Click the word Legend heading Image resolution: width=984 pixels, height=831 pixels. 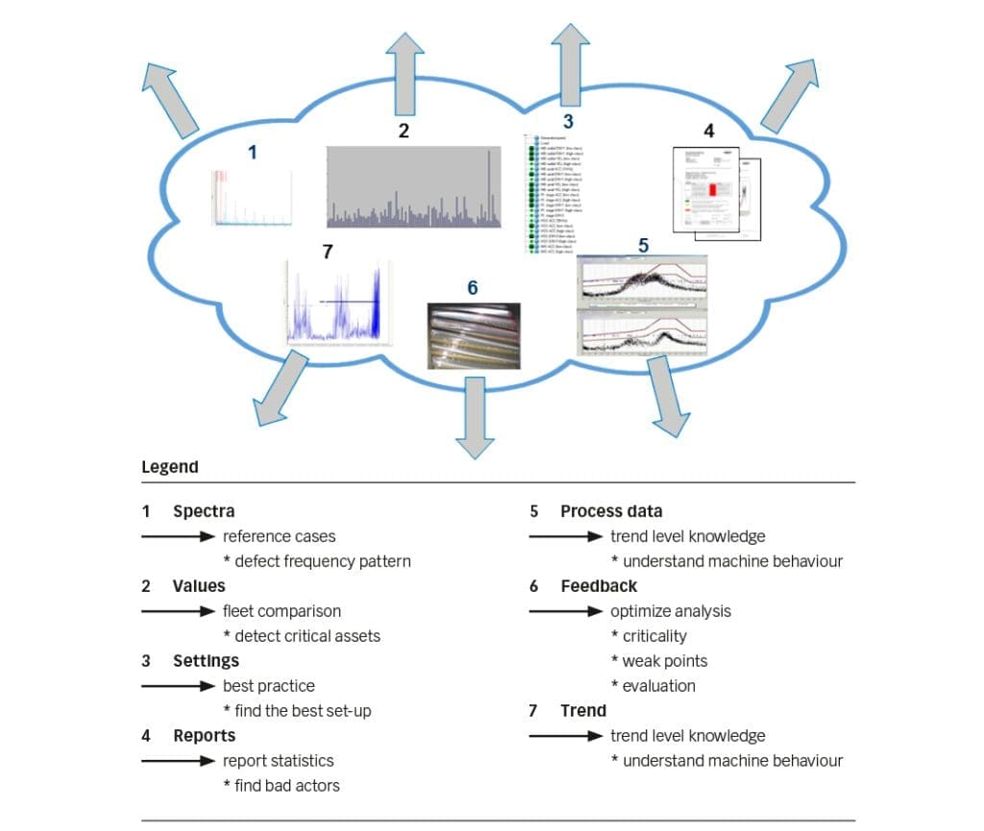click(x=170, y=467)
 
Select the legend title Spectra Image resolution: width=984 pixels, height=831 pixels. click(x=203, y=511)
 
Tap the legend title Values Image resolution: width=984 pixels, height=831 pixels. click(x=199, y=585)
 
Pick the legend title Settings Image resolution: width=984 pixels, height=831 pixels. click(x=206, y=661)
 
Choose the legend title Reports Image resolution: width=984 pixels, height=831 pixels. click(x=204, y=736)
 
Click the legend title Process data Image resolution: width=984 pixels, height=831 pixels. click(x=611, y=511)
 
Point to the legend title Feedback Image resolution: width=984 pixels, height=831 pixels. click(x=599, y=585)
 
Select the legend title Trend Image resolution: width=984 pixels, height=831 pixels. click(x=583, y=711)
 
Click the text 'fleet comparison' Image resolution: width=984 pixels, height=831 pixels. click(x=282, y=611)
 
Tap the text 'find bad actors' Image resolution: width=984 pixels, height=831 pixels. click(x=286, y=786)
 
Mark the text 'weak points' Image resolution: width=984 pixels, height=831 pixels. click(x=664, y=661)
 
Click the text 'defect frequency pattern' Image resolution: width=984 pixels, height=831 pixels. click(x=322, y=561)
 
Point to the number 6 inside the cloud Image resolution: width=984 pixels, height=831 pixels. click(x=472, y=287)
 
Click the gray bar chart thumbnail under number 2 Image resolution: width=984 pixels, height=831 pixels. click(x=414, y=187)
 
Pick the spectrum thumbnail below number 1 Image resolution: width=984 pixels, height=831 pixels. click(x=252, y=198)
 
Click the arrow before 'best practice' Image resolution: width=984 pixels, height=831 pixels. click(x=178, y=686)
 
